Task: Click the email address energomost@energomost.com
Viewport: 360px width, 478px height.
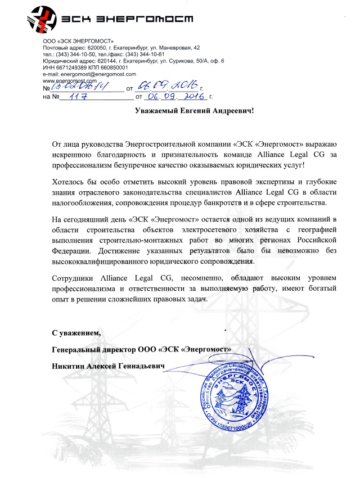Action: (x=98, y=74)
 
